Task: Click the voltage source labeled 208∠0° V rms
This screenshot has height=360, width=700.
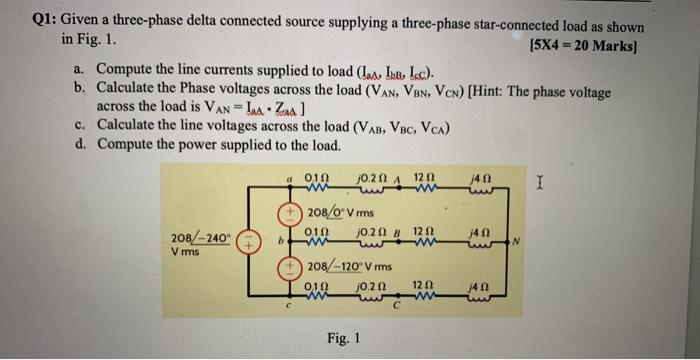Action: click(x=285, y=213)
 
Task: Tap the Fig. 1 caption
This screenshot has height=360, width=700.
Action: click(x=342, y=338)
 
